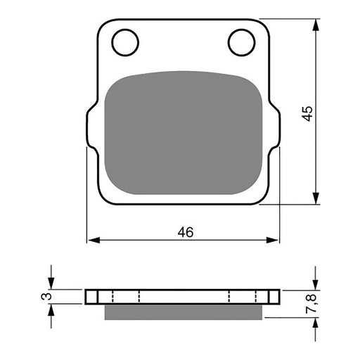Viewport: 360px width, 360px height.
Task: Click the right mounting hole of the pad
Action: click(x=240, y=41)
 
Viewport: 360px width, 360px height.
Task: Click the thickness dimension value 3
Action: click(x=47, y=297)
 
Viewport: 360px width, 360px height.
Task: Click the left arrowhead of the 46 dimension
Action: click(x=91, y=240)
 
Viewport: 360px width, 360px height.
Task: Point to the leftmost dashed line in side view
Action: click(x=110, y=296)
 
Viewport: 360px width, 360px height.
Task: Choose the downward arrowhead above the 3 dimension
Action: click(x=51, y=284)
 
